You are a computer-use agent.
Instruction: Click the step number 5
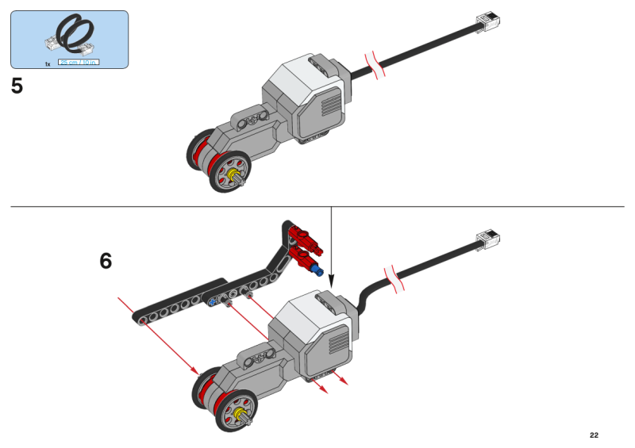pyautogui.click(x=17, y=86)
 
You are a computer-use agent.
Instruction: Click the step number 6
pyautogui.click(x=106, y=261)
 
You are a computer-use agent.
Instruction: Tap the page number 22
pyautogui.click(x=594, y=435)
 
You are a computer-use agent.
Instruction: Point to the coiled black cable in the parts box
pyautogui.click(x=69, y=35)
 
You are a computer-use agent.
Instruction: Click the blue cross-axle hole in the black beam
pyautogui.click(x=212, y=302)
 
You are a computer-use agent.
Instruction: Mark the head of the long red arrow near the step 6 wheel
pyautogui.click(x=196, y=370)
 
